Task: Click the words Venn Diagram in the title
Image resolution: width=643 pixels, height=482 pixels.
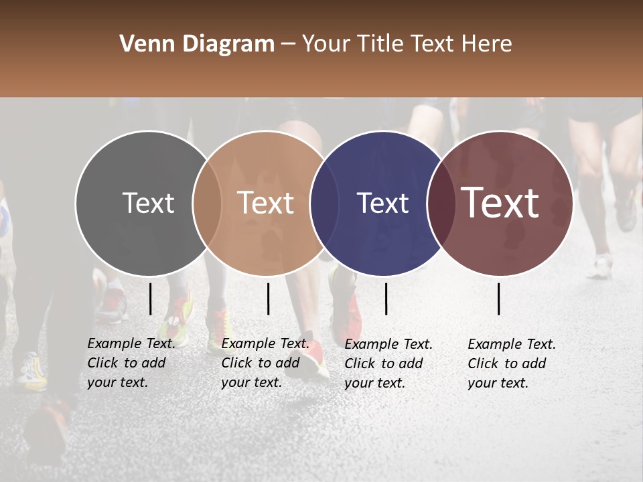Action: [x=197, y=44]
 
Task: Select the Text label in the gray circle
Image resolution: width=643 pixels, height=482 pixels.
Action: [x=148, y=203]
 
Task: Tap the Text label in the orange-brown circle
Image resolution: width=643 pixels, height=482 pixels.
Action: [x=265, y=203]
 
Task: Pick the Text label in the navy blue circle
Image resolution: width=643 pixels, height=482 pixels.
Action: [x=382, y=203]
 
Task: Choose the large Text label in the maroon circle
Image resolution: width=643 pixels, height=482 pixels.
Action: [x=500, y=202]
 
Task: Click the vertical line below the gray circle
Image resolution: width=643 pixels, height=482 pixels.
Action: [x=151, y=299]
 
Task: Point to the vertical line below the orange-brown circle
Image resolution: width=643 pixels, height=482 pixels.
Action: [x=268, y=299]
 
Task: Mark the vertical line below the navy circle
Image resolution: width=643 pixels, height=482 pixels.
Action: [x=386, y=299]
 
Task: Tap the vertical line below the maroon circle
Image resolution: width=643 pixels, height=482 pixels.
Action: [x=499, y=299]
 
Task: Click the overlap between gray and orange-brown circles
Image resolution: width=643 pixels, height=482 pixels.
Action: [x=207, y=203]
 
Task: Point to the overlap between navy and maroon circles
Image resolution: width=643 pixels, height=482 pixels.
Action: [x=440, y=203]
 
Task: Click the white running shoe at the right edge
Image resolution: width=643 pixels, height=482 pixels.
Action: [x=599, y=268]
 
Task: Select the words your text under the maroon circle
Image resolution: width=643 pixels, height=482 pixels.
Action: [x=498, y=383]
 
